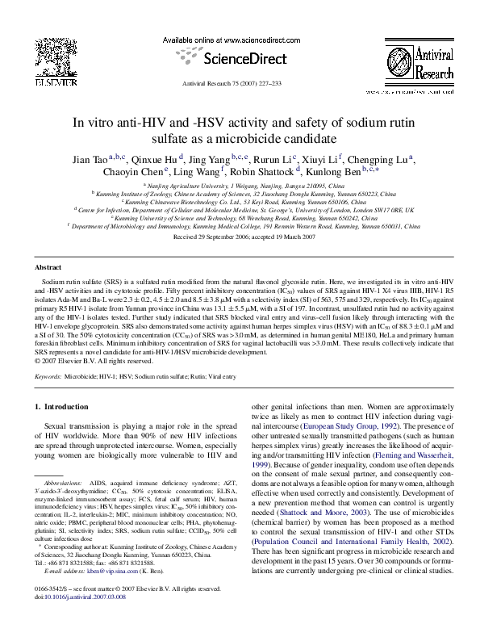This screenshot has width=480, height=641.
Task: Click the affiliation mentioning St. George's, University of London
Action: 240,210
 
